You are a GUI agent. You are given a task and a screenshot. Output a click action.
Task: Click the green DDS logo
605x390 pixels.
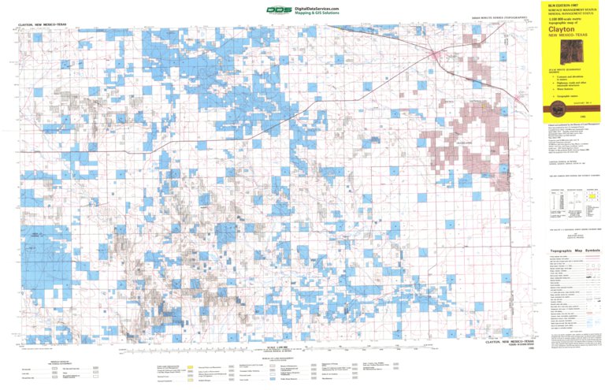pyautogui.click(x=277, y=10)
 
